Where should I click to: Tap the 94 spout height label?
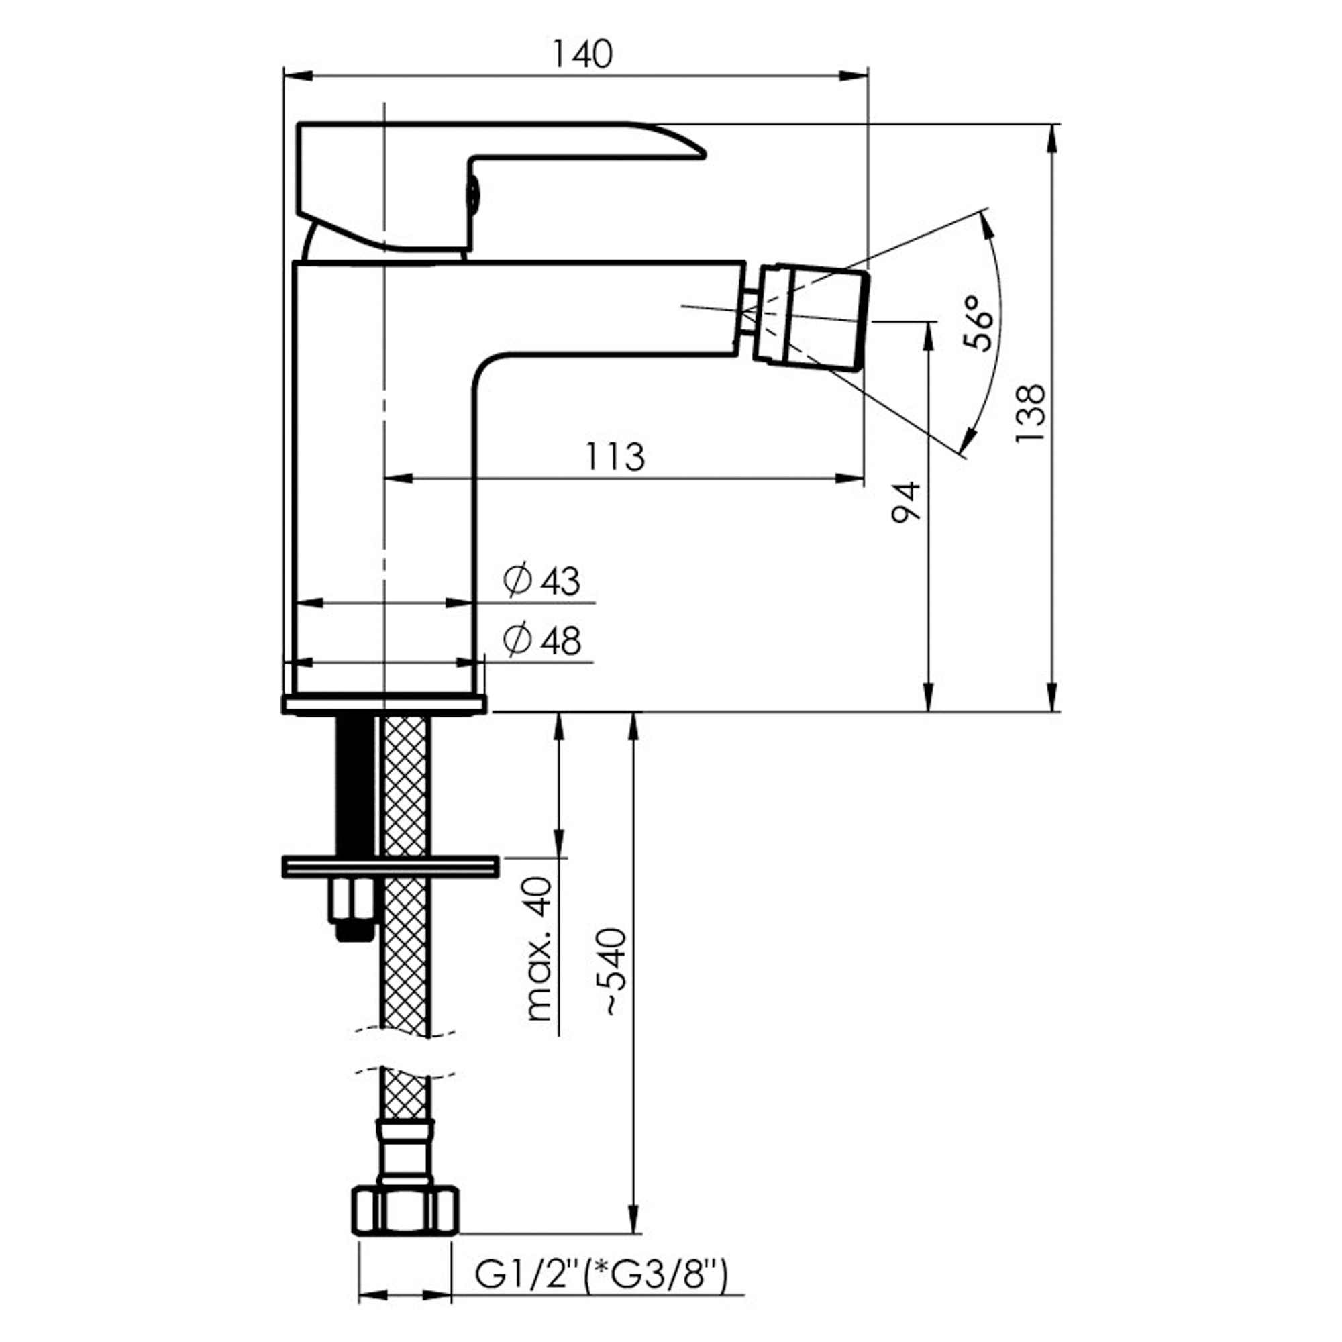click(907, 501)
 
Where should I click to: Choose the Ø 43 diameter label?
click(541, 580)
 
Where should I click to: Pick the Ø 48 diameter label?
click(542, 640)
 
